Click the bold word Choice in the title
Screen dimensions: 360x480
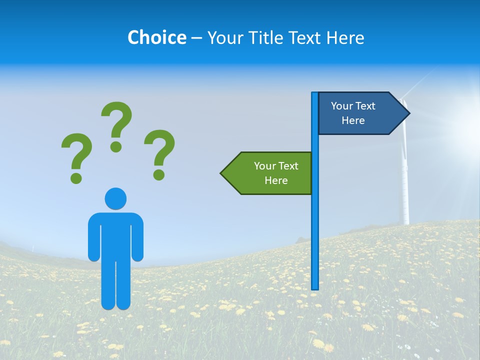pyautogui.click(x=156, y=37)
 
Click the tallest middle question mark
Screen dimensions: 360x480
pyautogui.click(x=117, y=122)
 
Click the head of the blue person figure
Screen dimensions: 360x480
pyautogui.click(x=115, y=198)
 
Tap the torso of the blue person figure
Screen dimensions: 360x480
pyautogui.click(x=115, y=235)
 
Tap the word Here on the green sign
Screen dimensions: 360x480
pyautogui.click(x=276, y=180)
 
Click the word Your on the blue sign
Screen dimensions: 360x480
pyautogui.click(x=342, y=106)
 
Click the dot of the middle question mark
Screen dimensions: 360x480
pyautogui.click(x=116, y=146)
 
